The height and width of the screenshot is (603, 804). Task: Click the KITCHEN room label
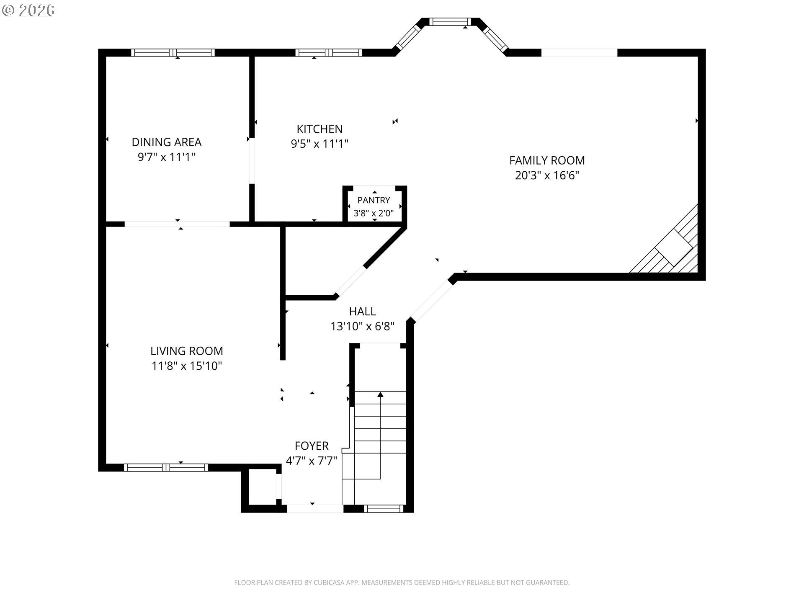(x=320, y=129)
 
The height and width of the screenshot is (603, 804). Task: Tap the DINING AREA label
(x=167, y=142)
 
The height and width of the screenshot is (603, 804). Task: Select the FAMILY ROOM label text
(x=547, y=160)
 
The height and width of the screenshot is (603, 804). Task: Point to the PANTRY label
(x=374, y=200)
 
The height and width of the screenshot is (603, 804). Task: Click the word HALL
(x=363, y=312)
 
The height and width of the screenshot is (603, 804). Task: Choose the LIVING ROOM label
(x=187, y=351)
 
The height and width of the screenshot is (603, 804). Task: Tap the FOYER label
(x=312, y=446)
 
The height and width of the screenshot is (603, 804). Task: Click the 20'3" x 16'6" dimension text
(x=547, y=175)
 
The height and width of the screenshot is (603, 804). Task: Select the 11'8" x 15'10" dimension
(x=187, y=366)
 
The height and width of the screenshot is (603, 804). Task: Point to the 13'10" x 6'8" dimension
(x=363, y=326)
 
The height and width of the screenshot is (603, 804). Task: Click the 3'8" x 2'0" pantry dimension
(x=374, y=213)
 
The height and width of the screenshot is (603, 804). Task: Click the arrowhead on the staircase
(x=380, y=394)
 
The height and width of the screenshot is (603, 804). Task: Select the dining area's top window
(x=173, y=53)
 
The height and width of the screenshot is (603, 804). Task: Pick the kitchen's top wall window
(x=329, y=53)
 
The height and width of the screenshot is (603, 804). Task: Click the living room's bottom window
(x=166, y=468)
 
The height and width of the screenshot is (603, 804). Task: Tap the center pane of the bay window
(x=451, y=22)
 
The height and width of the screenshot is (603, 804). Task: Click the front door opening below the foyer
(x=315, y=509)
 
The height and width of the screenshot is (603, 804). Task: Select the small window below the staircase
(x=384, y=509)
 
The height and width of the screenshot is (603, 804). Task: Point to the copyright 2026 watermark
(x=28, y=10)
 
